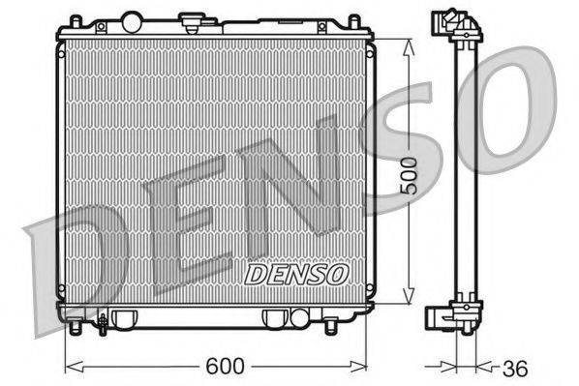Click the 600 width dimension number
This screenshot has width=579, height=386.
coord(224,367)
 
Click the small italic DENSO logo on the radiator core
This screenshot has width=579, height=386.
coord(295,274)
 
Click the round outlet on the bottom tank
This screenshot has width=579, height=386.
coord(275,316)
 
